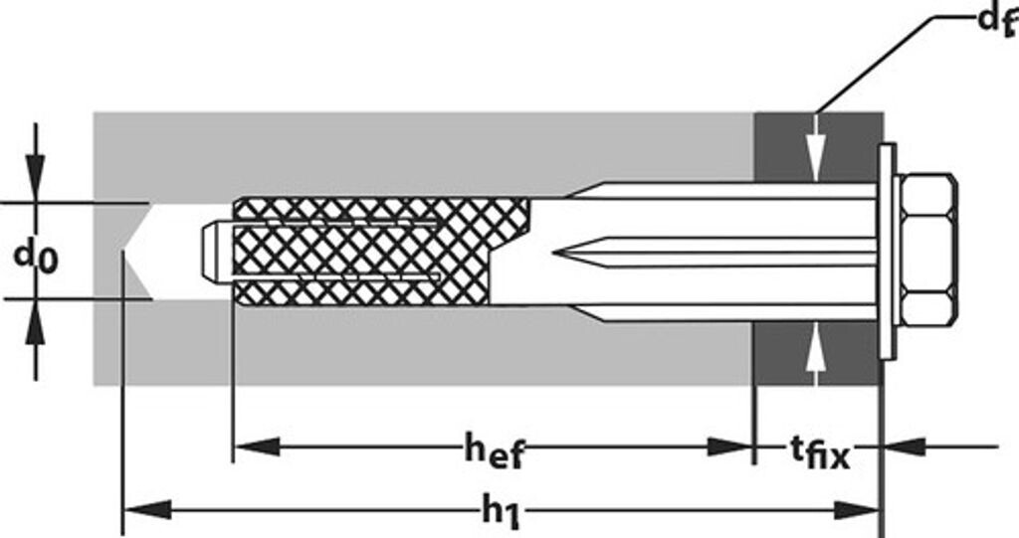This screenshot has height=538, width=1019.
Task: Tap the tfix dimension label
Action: [x=820, y=454]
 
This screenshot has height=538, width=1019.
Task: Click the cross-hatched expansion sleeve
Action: [x=378, y=252]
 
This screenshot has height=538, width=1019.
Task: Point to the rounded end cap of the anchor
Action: [x=210, y=253]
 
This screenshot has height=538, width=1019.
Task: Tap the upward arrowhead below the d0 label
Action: [x=35, y=321]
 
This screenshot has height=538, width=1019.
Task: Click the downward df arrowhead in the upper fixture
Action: [x=816, y=159]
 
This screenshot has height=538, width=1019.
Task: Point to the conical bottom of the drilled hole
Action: [x=137, y=251]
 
